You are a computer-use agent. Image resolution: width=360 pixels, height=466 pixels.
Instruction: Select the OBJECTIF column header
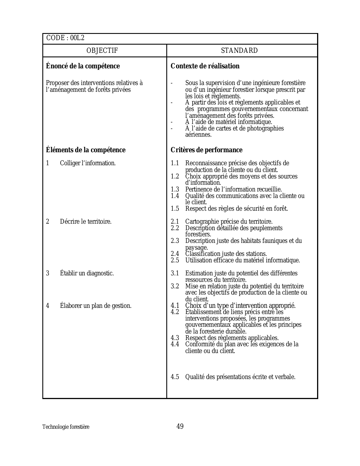coord(102,51)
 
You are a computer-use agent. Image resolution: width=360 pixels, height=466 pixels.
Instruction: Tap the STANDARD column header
coord(239,51)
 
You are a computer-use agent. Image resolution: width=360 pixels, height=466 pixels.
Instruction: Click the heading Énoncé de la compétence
coord(83,66)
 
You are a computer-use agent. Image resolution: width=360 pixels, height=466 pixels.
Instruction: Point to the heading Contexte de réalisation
coord(205,66)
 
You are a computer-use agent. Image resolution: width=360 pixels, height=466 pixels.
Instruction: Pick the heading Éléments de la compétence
coord(86,150)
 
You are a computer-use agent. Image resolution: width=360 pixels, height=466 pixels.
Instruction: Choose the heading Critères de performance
coord(206,150)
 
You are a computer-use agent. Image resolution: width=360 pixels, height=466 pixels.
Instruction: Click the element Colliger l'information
coord(88,163)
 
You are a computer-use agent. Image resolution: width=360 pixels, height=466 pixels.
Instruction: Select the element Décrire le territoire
coord(86,222)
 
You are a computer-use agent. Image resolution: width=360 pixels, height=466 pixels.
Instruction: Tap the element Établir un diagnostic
coord(87,273)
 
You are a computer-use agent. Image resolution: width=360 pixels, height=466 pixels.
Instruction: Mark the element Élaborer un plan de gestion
coord(95,306)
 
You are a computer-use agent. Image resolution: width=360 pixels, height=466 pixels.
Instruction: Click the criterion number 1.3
coord(175,190)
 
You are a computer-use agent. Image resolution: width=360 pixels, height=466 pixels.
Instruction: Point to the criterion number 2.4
coord(175,254)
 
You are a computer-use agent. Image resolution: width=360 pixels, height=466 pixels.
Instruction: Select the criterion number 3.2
coord(175,286)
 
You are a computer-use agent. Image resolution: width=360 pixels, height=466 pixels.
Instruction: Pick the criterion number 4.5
coord(175,377)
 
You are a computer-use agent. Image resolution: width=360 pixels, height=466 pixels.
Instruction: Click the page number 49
coord(180,426)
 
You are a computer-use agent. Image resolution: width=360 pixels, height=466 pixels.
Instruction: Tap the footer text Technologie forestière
coord(66,427)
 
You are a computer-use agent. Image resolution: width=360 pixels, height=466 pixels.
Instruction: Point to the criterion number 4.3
coord(175,338)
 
